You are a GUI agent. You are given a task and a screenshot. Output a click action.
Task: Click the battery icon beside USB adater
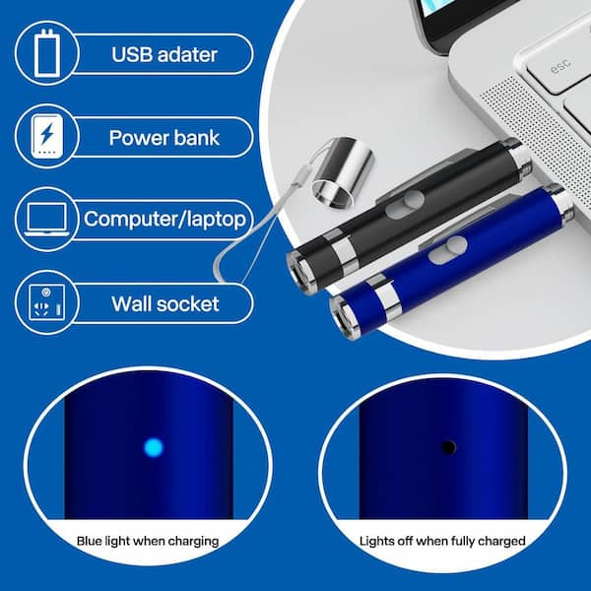click(47, 53)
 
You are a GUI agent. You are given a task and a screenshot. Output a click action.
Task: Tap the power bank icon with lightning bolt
click(46, 136)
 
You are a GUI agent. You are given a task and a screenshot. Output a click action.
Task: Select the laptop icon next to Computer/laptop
click(46, 220)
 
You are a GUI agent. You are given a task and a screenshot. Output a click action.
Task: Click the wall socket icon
click(46, 302)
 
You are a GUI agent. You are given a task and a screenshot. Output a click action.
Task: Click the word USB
click(132, 54)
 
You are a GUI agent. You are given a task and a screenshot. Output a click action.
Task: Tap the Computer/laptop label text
click(164, 219)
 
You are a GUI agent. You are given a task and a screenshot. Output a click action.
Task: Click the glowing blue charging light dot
click(154, 447)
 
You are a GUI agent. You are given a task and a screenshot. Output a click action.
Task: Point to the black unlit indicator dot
click(448, 447)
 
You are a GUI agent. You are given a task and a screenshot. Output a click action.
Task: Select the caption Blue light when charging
click(148, 541)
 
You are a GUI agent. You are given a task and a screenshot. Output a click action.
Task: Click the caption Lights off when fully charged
click(442, 541)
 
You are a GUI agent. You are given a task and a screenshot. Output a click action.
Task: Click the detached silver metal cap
click(343, 171)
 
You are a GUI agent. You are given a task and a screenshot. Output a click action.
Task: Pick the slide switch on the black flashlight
click(405, 204)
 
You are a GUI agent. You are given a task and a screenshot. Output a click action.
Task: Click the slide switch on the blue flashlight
click(448, 249)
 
